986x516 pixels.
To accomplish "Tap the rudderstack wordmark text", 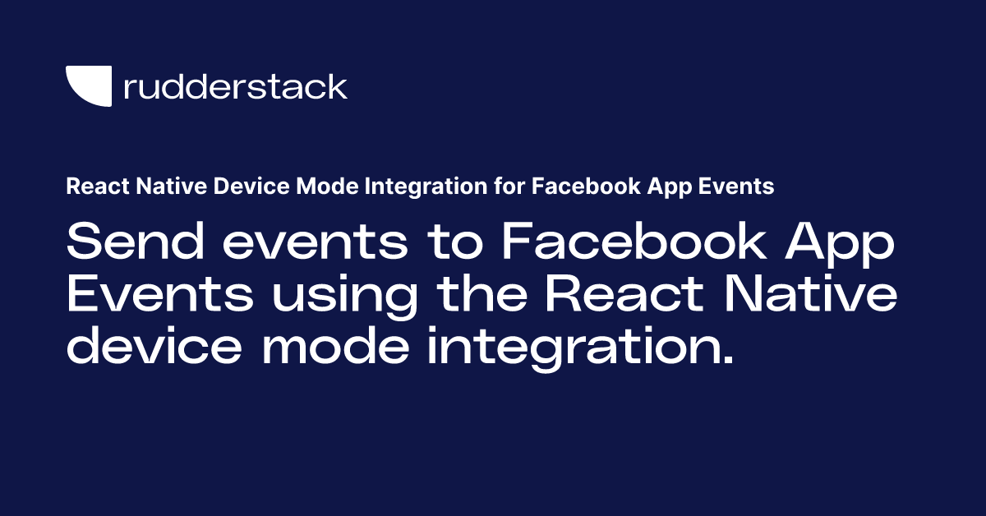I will point(235,86).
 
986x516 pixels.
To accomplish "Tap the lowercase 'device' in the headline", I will point(154,348).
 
